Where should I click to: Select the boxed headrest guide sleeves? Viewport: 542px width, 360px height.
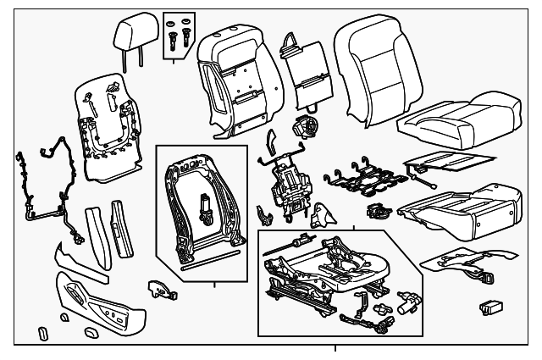pos(178,34)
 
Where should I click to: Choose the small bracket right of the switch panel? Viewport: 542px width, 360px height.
pos(159,289)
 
